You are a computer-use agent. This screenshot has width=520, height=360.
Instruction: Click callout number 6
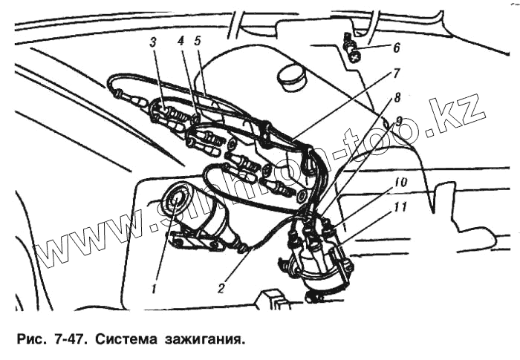tap(396, 49)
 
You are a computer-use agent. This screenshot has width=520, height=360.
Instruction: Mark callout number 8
tap(398, 96)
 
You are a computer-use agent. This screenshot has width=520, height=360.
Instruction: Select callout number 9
tap(399, 120)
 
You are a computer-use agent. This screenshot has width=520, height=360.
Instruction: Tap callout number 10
tap(400, 182)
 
